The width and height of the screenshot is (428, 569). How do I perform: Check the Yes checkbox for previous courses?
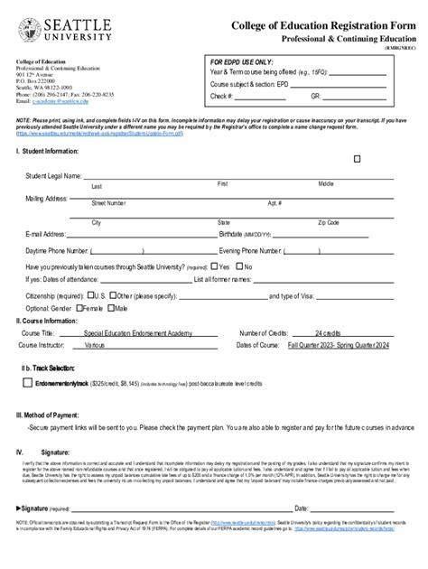pyautogui.click(x=215, y=267)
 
